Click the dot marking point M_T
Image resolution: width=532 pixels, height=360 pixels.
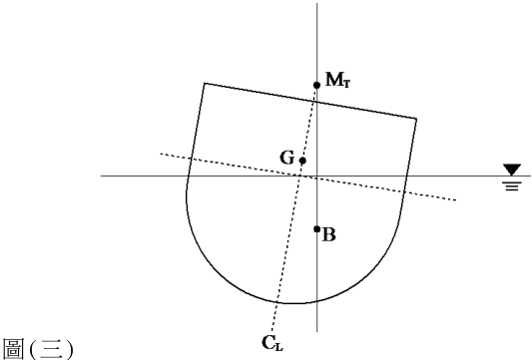point(316,85)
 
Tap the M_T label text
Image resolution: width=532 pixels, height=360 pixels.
point(337,80)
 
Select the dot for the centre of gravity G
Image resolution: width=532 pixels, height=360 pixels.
point(302,161)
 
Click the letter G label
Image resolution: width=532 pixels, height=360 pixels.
point(287,158)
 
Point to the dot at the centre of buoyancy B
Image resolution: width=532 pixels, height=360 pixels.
point(316,229)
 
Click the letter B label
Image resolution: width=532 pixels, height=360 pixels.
point(328,234)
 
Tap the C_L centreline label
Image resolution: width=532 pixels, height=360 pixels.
point(272,343)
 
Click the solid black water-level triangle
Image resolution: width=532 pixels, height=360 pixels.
point(512,170)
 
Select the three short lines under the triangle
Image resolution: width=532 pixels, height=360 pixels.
point(512,186)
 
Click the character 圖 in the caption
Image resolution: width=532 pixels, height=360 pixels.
point(13,349)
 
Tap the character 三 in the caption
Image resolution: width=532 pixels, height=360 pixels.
point(51,349)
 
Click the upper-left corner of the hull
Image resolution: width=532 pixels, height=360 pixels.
point(204,83)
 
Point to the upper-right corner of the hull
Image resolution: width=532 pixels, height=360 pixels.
point(416,119)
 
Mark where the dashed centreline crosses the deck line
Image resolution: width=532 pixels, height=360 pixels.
point(313,101)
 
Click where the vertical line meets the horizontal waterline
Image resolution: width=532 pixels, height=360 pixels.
point(316,176)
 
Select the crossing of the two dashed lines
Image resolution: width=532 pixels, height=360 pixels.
point(299,176)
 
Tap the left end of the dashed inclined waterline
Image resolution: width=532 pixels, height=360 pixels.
point(161,154)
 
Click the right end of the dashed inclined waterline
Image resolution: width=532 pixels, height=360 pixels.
point(455,200)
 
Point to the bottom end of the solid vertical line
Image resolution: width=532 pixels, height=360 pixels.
point(316,331)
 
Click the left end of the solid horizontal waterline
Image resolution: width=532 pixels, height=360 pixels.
point(101,176)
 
